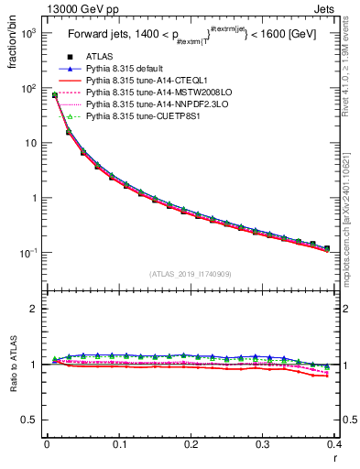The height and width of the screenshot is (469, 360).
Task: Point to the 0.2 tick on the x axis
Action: click(191, 445)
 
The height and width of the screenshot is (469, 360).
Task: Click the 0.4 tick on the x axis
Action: click(335, 445)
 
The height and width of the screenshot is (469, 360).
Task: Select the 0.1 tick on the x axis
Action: click(119, 445)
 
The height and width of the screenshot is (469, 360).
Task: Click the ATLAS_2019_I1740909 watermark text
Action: click(190, 274)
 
